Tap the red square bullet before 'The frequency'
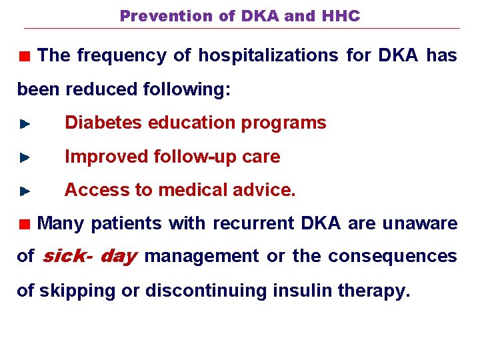coord(25,57)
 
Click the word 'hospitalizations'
coord(267,56)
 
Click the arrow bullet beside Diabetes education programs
coord(25,124)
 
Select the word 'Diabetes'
coord(103,123)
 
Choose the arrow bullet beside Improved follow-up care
coord(25,158)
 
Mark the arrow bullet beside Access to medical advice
coord(25,191)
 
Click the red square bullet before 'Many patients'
coord(25,224)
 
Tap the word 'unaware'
coord(420,223)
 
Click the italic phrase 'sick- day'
coord(89,256)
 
